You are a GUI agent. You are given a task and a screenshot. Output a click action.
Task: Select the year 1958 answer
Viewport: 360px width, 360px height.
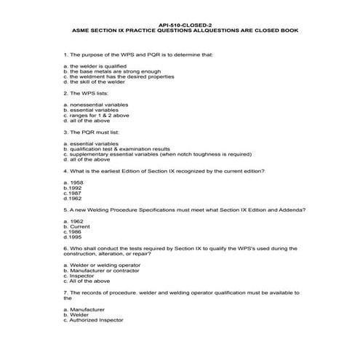(73, 181)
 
